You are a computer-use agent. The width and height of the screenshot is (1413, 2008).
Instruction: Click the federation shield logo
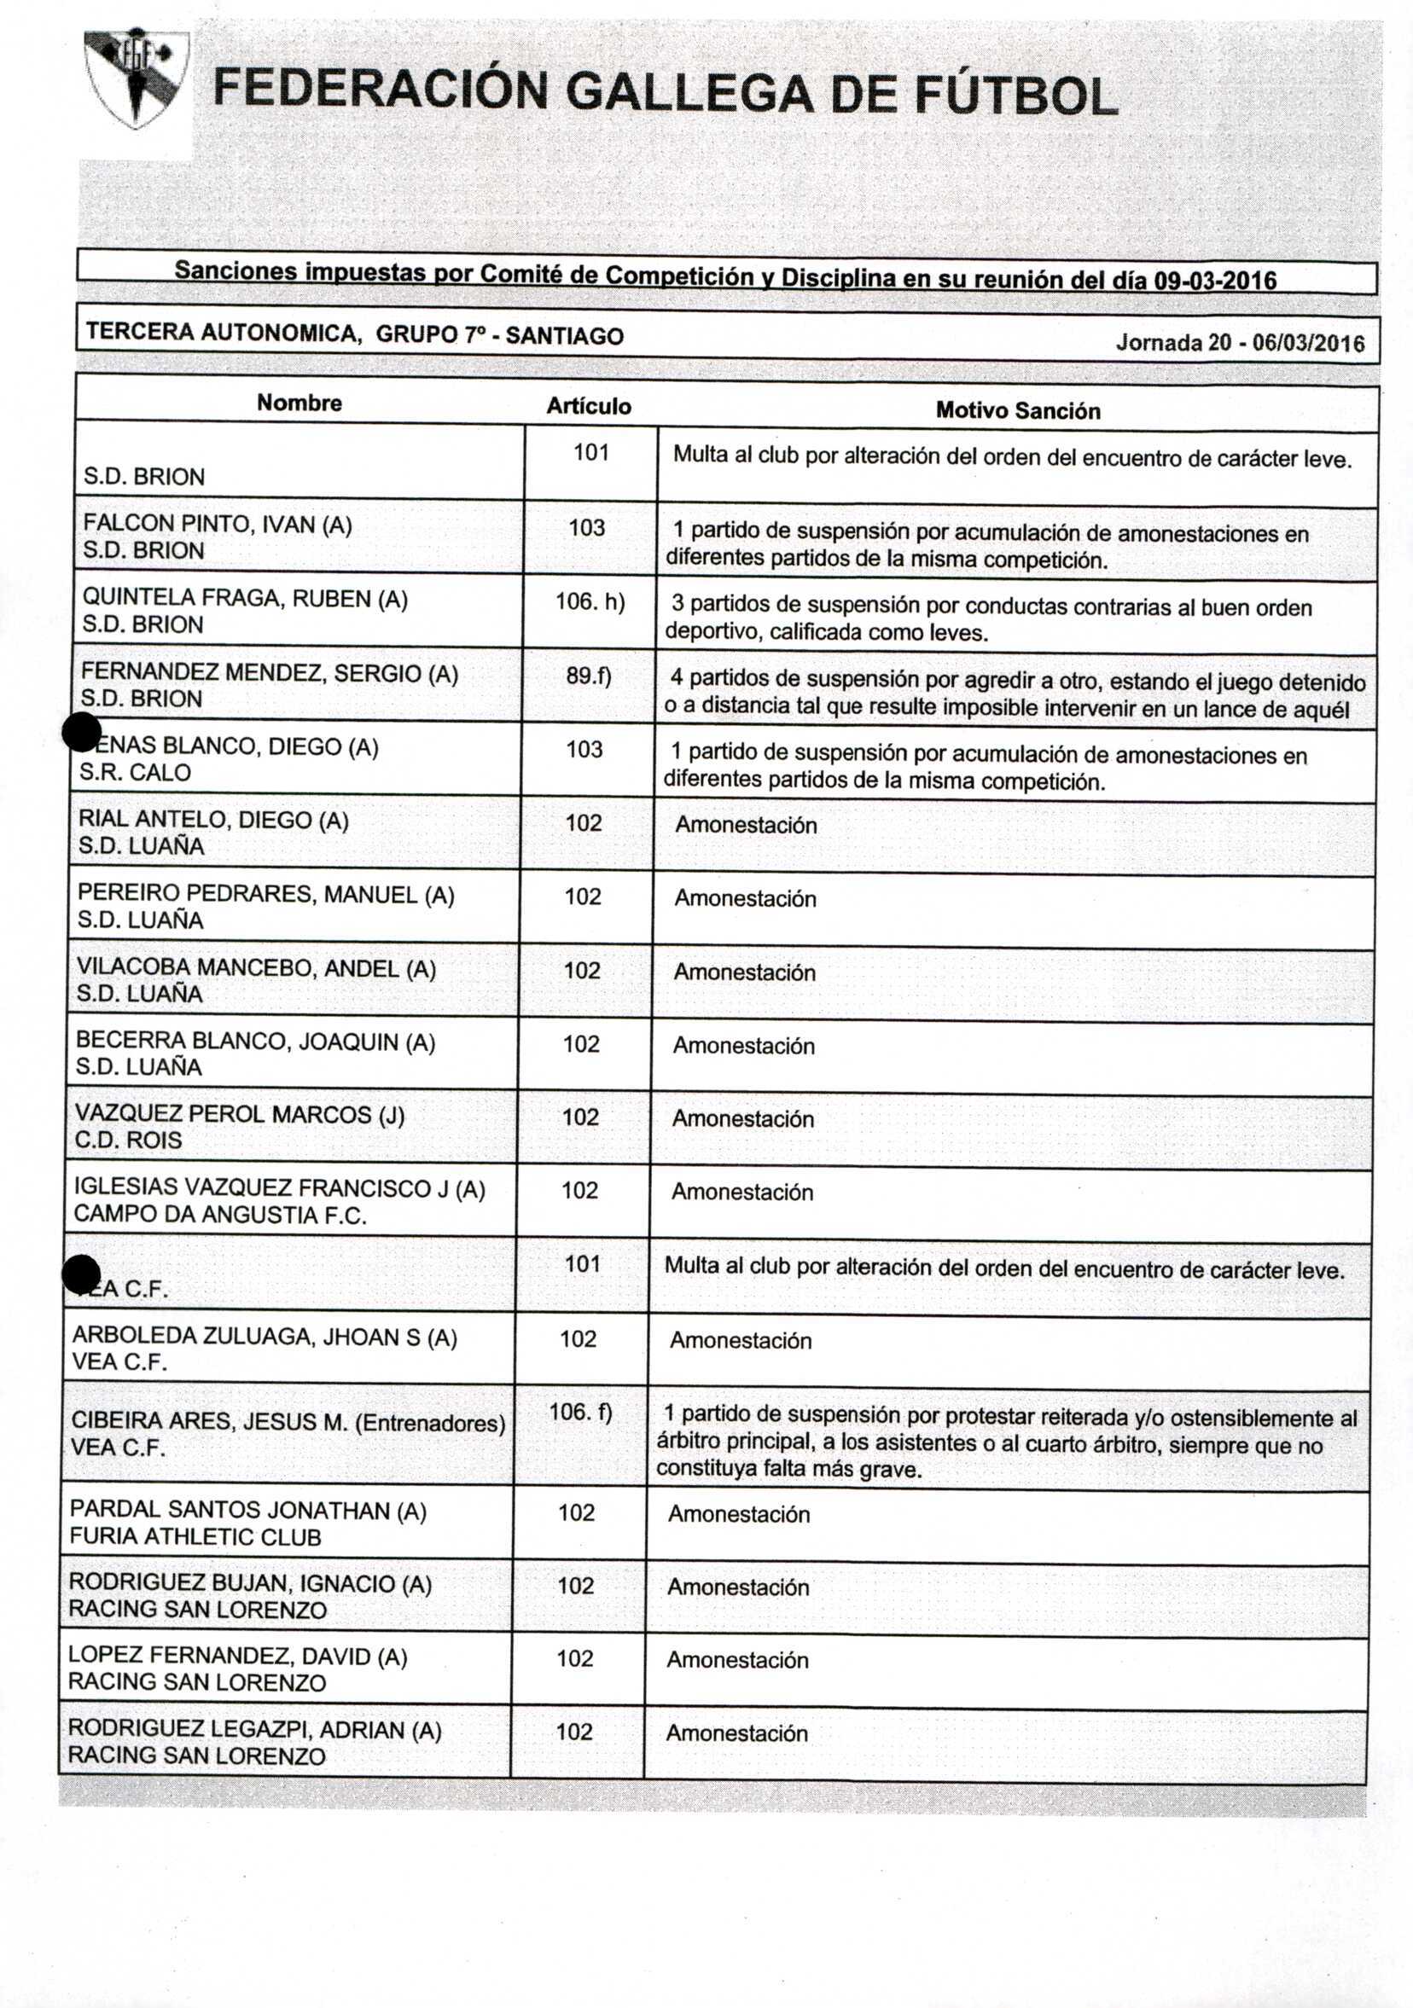click(136, 78)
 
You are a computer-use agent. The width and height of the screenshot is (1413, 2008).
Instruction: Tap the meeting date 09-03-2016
click(1215, 281)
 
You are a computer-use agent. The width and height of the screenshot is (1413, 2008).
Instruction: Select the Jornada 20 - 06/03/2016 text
click(1240, 343)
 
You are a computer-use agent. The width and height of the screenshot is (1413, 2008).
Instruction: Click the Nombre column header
click(299, 403)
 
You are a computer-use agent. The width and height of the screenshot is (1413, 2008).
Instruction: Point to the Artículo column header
click(588, 406)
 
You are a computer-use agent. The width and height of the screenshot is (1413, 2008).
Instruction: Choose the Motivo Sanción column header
click(1018, 410)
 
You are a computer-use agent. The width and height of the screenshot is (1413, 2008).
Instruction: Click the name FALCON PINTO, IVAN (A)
click(217, 524)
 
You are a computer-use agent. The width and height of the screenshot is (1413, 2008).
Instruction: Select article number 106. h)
click(590, 601)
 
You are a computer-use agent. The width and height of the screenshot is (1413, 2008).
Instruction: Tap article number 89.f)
click(588, 676)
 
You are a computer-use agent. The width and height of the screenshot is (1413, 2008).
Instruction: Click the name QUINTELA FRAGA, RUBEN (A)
click(244, 598)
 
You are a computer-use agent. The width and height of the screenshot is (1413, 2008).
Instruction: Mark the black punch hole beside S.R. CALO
click(81, 732)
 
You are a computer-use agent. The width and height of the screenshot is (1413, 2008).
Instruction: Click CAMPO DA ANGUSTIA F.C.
click(219, 1214)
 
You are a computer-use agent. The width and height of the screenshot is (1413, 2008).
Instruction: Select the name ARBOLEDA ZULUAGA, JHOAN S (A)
click(265, 1337)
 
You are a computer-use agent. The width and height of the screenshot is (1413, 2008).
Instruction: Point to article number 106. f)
click(580, 1412)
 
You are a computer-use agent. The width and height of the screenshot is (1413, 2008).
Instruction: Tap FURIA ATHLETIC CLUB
click(195, 1536)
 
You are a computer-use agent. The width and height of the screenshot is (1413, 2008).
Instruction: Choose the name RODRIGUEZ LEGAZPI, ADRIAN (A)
click(253, 1730)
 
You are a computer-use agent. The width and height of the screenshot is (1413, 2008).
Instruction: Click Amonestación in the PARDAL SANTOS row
click(738, 1514)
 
